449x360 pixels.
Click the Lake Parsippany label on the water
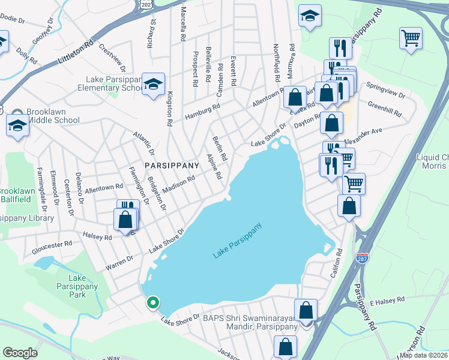click(x=238, y=241)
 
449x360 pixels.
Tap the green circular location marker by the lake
click(x=153, y=303)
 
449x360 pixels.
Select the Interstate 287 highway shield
click(x=362, y=257)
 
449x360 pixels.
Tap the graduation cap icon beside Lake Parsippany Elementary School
click(x=153, y=84)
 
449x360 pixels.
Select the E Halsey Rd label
click(x=388, y=299)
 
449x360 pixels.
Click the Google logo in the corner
click(x=20, y=353)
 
